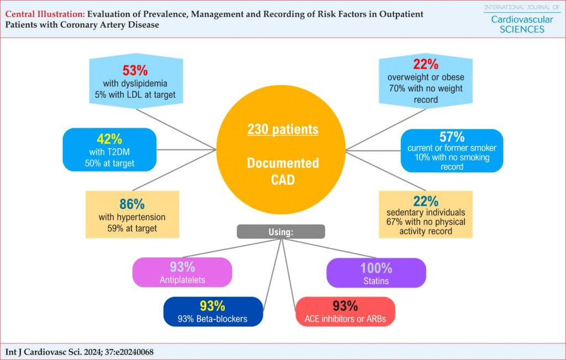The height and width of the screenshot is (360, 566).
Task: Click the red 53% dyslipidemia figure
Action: (x=135, y=70)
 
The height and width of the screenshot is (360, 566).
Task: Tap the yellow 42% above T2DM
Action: (x=109, y=139)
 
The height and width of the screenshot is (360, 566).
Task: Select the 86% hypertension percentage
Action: (x=132, y=204)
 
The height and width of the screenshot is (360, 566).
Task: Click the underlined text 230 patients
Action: (x=283, y=129)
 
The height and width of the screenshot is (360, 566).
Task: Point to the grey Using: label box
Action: (x=281, y=232)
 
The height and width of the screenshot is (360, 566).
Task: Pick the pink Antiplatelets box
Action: (x=182, y=272)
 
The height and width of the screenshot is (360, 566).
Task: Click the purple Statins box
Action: (x=376, y=273)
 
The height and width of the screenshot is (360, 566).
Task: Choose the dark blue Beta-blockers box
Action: (x=213, y=312)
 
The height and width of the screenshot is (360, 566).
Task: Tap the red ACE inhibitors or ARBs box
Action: (x=345, y=312)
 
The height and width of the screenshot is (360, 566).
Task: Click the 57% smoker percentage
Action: (x=452, y=137)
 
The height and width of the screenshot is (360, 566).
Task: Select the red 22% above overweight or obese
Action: (x=426, y=64)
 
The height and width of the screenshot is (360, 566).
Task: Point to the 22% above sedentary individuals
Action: (x=426, y=201)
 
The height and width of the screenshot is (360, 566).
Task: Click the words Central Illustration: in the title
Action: (x=45, y=14)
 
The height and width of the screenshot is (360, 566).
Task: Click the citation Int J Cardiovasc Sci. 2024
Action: (x=80, y=352)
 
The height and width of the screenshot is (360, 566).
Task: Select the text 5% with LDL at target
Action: (x=135, y=95)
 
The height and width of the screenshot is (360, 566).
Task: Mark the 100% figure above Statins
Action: (x=376, y=268)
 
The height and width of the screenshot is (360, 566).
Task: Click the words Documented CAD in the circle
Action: (x=283, y=171)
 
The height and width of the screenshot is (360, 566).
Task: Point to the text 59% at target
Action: (x=132, y=228)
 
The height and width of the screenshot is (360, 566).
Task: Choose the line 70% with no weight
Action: (x=426, y=88)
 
